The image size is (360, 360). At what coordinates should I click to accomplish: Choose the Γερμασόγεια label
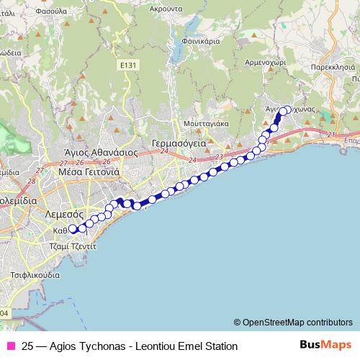point(179,143)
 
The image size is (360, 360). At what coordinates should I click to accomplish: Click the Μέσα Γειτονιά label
point(89,173)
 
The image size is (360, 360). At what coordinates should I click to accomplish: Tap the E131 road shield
point(127,65)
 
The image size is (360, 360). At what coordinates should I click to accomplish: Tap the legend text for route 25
point(130,346)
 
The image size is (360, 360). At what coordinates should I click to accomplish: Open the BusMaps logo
point(325,345)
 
